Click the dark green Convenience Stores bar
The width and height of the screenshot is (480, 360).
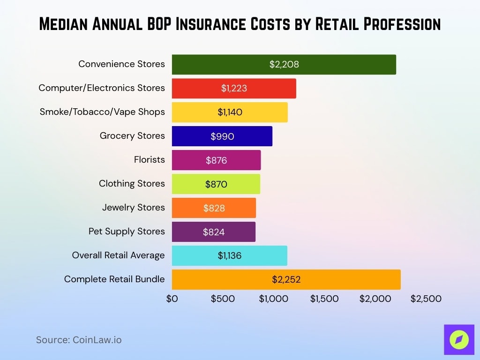coord(284,64)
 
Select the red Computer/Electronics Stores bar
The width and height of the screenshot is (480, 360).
coord(234,88)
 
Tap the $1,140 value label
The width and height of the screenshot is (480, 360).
coord(230,112)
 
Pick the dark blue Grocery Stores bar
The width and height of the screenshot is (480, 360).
coord(222,136)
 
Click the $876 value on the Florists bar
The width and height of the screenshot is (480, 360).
coord(216,160)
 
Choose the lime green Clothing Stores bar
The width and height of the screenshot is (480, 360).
coord(216,184)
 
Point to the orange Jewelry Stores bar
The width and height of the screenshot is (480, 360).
coord(214,208)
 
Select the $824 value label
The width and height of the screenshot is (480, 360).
coord(214,232)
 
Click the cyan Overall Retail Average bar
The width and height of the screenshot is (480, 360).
coord(229,256)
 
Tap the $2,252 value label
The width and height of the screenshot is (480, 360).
coord(286,280)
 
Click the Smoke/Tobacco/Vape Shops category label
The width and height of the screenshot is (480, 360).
coord(102,112)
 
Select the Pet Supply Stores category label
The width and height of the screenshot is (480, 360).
coord(127,231)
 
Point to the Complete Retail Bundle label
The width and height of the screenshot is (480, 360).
coord(114,279)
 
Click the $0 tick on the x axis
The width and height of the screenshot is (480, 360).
coord(172,299)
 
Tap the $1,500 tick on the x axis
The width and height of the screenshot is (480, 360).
coord(324,299)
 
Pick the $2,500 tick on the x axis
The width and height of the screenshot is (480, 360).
coord(426,299)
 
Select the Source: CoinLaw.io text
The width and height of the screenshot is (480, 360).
coord(79,340)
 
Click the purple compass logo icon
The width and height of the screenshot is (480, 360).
coord(459,339)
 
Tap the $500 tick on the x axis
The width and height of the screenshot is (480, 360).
coord(223,299)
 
